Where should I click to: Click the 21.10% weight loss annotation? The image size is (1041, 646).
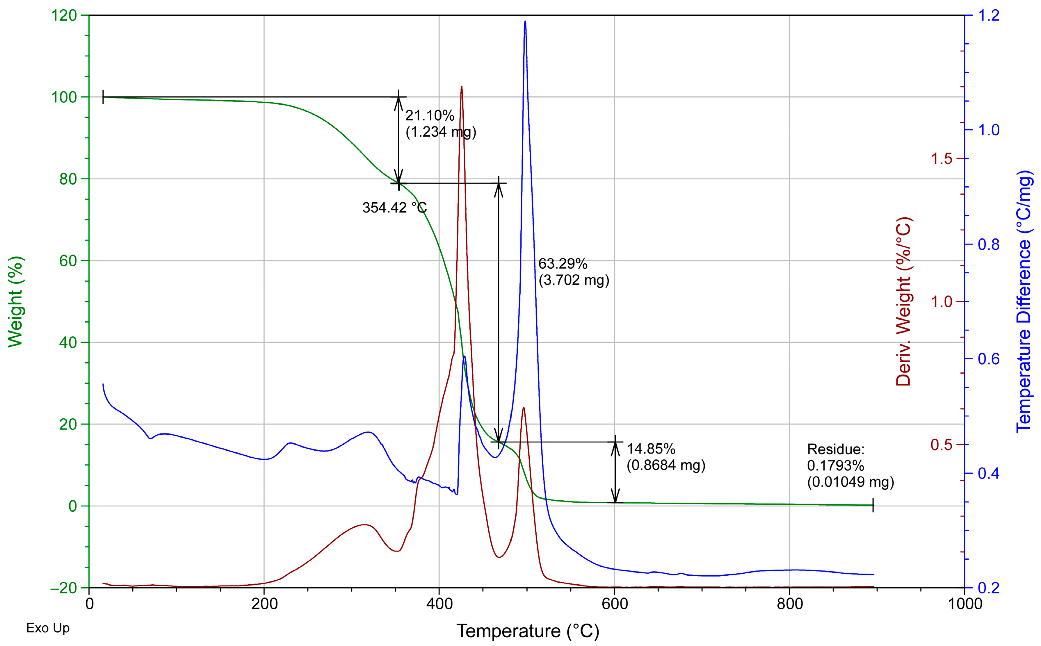point(430,115)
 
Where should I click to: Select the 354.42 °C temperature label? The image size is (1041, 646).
point(394,208)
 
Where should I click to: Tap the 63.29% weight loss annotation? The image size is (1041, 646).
point(562,264)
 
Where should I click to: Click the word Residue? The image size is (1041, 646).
point(835,449)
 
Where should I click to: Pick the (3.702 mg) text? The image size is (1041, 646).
point(574,280)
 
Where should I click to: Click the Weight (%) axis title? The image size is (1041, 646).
point(15,302)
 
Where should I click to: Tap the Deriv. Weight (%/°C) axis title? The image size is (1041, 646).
point(903,302)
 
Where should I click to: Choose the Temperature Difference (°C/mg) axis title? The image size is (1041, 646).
point(1024,302)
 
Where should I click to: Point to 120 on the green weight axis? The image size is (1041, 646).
point(64,16)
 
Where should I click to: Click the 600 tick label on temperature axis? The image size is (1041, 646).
point(615,604)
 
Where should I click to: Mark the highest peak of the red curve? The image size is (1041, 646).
point(462,87)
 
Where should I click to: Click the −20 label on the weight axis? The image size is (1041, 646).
point(63,588)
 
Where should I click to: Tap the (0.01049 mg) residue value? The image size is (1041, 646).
point(850,482)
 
